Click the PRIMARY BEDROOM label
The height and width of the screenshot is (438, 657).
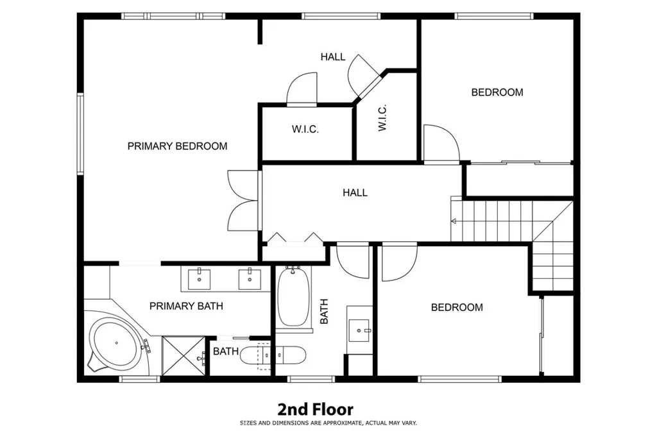pos(177,146)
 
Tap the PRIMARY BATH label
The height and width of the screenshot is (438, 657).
pos(186,306)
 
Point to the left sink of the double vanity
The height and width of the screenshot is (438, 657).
pos(199,278)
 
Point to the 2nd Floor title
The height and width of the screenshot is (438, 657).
pos(315,409)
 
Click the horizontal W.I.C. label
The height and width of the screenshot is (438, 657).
pos(305,130)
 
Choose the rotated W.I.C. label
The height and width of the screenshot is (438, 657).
pos(382,119)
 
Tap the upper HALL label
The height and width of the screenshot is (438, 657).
pos(333,57)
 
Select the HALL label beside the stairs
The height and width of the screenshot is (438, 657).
pos(355,192)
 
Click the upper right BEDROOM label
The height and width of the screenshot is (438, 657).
pos(497,92)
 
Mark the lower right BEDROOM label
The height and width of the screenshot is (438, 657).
pos(456,308)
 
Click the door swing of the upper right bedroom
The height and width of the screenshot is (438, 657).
pos(441,142)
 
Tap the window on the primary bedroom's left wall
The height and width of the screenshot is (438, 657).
pos(81,133)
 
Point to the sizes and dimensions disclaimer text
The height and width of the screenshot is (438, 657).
pos(328,423)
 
